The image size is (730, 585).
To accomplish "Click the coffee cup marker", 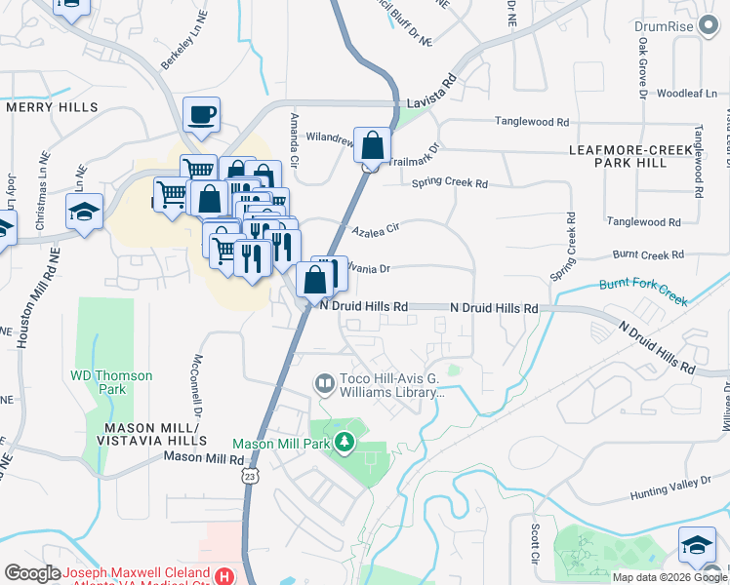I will (x=201, y=115).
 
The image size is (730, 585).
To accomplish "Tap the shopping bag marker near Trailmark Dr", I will (x=372, y=146).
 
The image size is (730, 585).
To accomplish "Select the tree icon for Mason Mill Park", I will (x=344, y=444).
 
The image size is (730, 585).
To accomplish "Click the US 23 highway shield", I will (x=251, y=475).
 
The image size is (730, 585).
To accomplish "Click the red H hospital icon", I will (x=226, y=576).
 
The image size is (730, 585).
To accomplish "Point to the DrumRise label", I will (x=690, y=26).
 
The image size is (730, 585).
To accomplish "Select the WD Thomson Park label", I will (x=99, y=381).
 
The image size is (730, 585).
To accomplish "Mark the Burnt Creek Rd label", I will (x=648, y=254).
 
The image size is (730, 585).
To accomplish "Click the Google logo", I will (x=33, y=573).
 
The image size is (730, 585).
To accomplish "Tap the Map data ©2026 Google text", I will (x=669, y=577).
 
